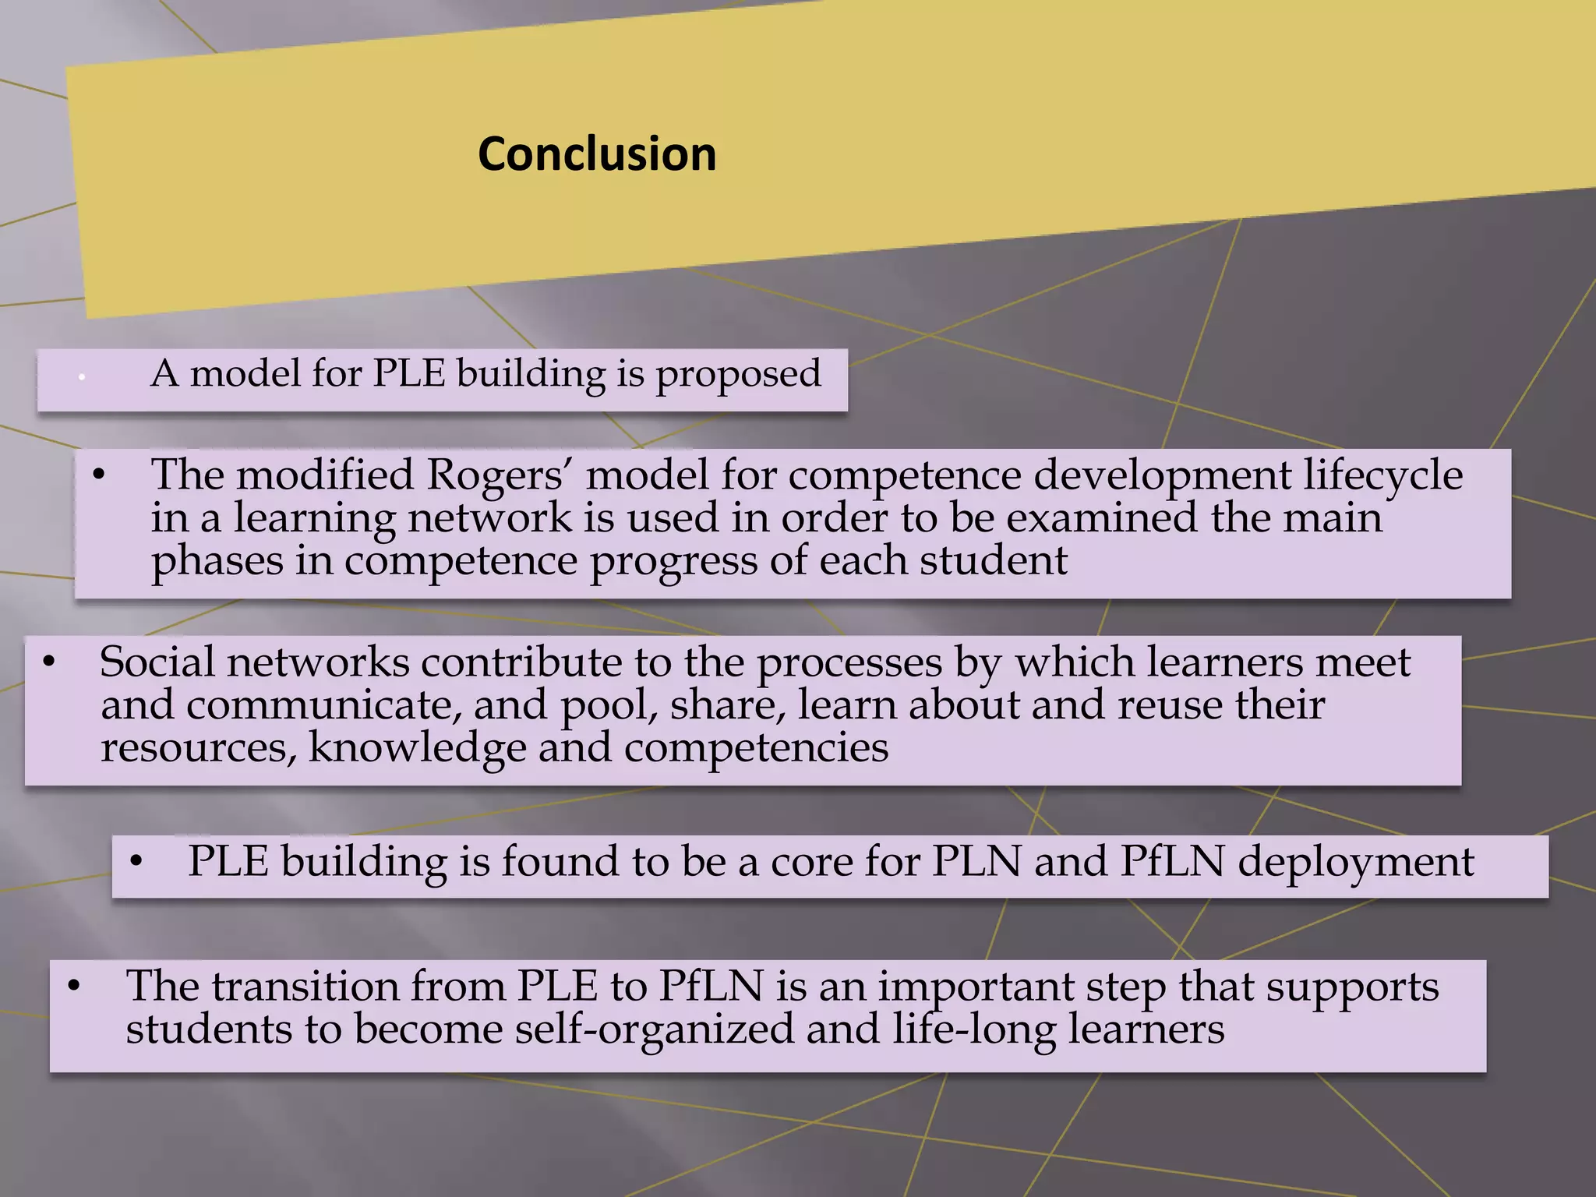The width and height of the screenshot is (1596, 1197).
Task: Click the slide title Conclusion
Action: (x=597, y=154)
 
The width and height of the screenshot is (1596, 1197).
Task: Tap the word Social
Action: (x=157, y=662)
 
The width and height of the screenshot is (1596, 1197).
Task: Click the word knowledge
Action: (x=417, y=748)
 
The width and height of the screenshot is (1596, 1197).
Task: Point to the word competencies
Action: (x=756, y=748)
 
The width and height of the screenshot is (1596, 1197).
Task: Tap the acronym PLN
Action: (x=976, y=862)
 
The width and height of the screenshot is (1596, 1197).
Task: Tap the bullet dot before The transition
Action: (x=74, y=987)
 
